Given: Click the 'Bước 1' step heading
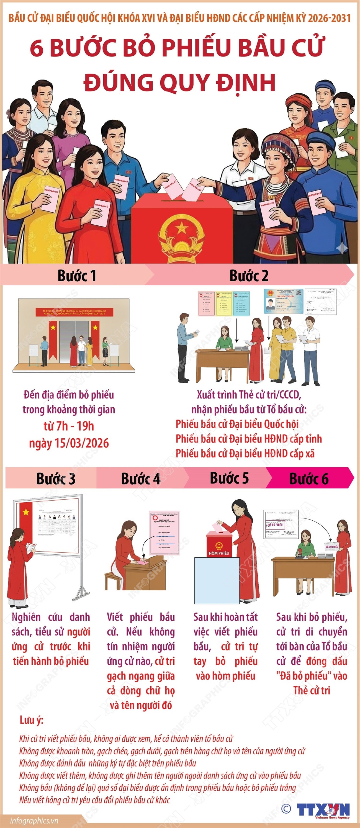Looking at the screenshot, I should (x=76, y=276).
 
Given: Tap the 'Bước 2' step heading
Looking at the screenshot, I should (x=248, y=276).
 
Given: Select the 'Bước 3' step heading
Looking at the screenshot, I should (x=56, y=479).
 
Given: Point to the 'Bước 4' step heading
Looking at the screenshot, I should (x=140, y=479).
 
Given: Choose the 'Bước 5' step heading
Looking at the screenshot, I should (x=229, y=478).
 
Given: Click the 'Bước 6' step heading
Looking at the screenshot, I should (x=308, y=479).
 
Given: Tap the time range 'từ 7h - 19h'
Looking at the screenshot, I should (x=69, y=426).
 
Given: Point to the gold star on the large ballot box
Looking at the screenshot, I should (x=182, y=229).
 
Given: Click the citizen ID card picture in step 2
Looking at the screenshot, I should (x=284, y=301).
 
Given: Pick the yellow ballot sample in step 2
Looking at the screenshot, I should (x=224, y=304).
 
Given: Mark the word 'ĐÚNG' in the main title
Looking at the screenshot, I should (x=118, y=82).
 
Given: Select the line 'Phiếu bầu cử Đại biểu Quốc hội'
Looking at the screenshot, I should (x=237, y=424).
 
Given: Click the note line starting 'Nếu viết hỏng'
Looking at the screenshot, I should (x=94, y=800).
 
